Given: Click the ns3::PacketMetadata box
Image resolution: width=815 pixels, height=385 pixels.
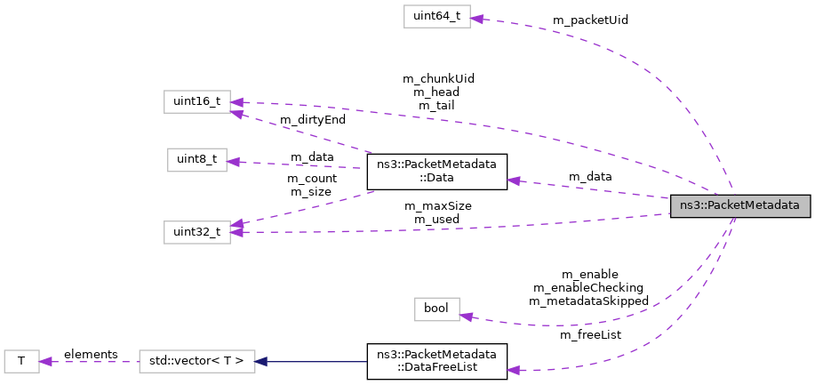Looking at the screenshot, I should click(x=740, y=206).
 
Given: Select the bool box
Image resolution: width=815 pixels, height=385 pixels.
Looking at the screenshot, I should click(x=436, y=309).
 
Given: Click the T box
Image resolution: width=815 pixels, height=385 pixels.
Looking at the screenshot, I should click(x=21, y=361).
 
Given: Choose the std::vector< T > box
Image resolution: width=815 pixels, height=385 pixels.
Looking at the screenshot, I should click(x=197, y=361).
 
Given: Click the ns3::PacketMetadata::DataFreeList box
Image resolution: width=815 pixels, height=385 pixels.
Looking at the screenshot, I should click(x=436, y=362).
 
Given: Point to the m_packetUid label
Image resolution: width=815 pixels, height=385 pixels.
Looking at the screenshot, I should click(x=590, y=20).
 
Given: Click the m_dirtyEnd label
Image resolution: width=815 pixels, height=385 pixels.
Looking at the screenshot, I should click(x=313, y=118).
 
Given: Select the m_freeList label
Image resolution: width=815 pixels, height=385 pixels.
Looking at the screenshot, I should click(x=590, y=334).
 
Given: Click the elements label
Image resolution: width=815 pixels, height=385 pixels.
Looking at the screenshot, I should click(x=91, y=354).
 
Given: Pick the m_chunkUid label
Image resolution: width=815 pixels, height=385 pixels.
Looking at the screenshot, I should click(x=437, y=77).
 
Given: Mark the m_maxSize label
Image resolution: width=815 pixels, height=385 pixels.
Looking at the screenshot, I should click(x=437, y=205).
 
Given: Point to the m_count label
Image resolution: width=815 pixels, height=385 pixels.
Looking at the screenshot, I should click(x=309, y=178).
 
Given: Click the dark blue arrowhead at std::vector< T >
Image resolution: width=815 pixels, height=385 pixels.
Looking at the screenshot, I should click(x=261, y=361).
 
